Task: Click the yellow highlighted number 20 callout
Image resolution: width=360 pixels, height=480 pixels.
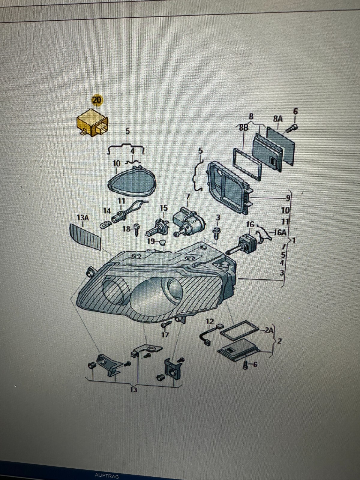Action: [97, 100]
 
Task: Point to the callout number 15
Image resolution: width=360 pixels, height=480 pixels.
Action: [163, 208]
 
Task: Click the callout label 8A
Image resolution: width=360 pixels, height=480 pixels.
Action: [278, 119]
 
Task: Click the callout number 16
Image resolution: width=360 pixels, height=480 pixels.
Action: [250, 224]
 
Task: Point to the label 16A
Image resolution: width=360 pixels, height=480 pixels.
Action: [280, 232]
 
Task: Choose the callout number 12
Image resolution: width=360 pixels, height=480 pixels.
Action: [210, 322]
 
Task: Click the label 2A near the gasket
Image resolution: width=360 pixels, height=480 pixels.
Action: [270, 330]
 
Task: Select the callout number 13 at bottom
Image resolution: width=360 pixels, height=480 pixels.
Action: [133, 390]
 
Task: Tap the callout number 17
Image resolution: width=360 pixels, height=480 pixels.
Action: [165, 334]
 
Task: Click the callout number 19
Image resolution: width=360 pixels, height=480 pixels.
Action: [151, 241]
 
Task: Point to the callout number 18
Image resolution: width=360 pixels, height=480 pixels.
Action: [127, 229]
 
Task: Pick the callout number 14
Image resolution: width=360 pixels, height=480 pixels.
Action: [107, 211]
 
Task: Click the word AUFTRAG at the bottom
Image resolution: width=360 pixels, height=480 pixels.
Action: [107, 476]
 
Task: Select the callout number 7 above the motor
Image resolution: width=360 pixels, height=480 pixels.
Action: [188, 197]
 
